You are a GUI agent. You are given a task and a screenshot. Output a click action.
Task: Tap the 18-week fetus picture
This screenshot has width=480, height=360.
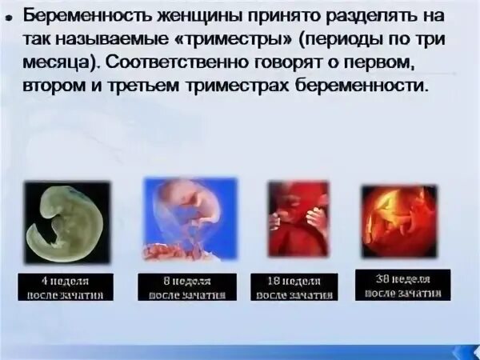(298, 218)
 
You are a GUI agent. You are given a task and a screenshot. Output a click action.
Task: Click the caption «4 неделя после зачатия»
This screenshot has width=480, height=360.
(67, 288)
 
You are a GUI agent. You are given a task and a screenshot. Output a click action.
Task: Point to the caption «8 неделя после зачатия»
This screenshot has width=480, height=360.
(186, 288)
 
